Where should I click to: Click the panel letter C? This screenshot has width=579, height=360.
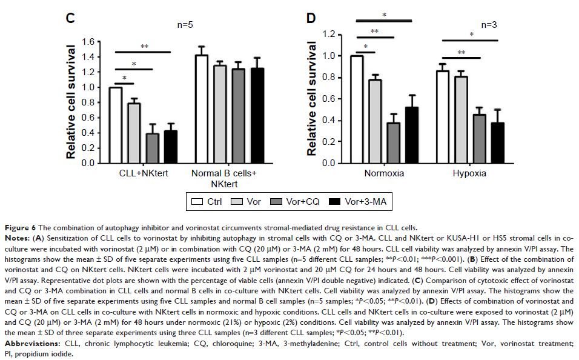pyautogui.click(x=70, y=18)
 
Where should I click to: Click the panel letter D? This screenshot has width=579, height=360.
pyautogui.click(x=311, y=18)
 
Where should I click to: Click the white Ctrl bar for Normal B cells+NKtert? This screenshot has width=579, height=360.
pyautogui.click(x=201, y=109)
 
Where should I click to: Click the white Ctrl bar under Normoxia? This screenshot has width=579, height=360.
pyautogui.click(x=357, y=109)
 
